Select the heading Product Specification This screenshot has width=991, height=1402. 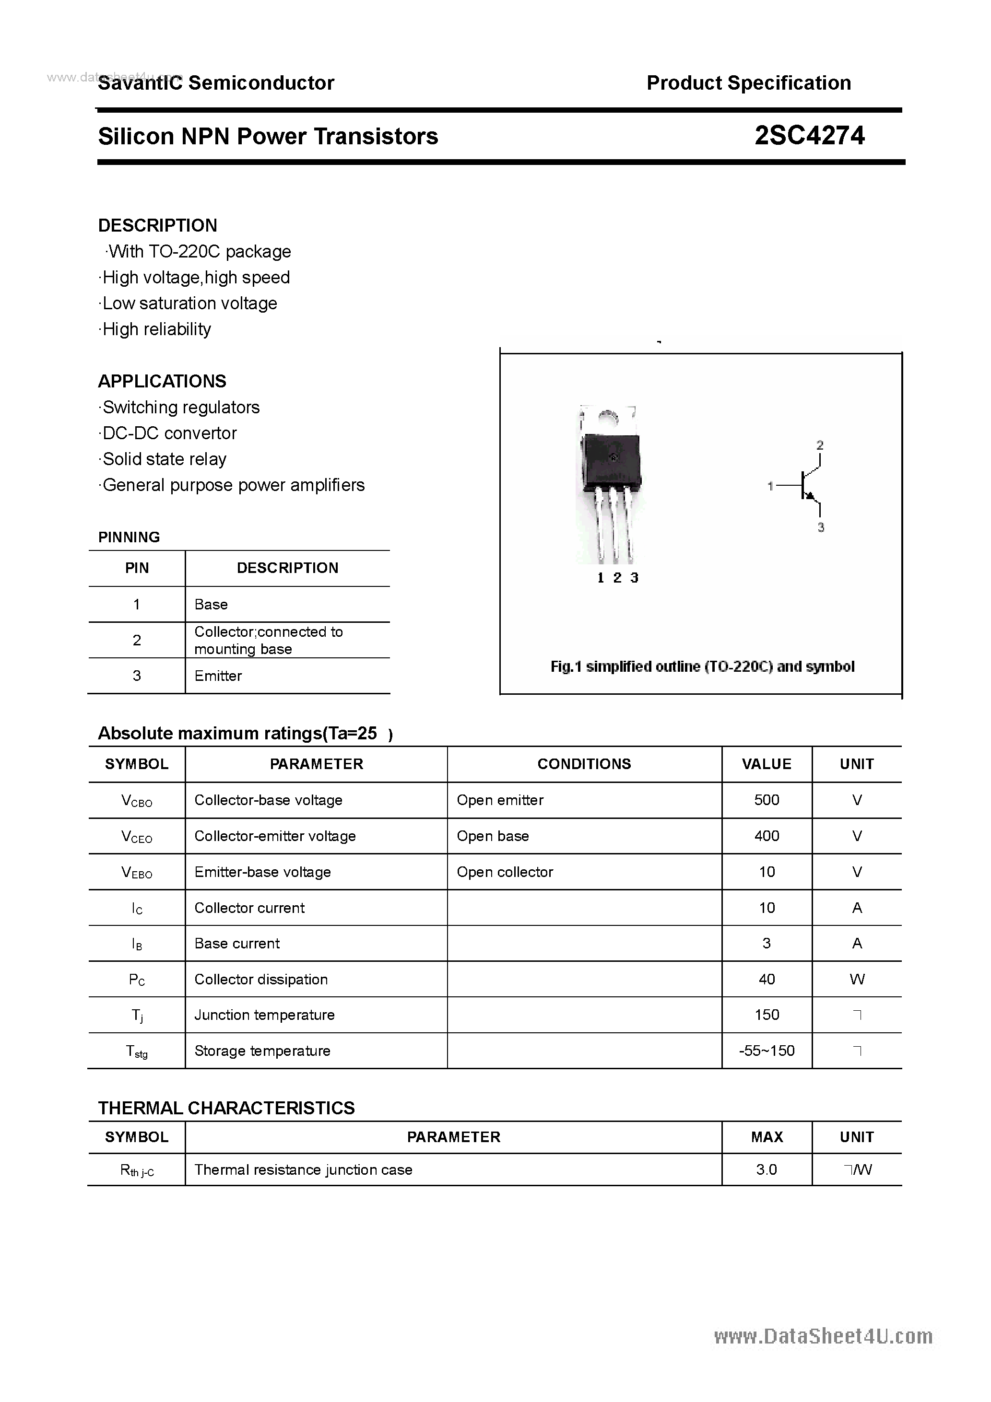[748, 82]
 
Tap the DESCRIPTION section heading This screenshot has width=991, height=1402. [158, 225]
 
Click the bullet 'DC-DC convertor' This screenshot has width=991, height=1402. [169, 433]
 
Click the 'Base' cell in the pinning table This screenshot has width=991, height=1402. [211, 604]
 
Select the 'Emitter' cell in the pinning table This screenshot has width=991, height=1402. [218, 676]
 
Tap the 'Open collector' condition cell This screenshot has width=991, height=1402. [505, 872]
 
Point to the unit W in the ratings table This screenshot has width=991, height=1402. [857, 980]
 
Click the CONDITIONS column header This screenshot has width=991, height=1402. [584, 764]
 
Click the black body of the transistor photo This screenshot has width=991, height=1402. [611, 461]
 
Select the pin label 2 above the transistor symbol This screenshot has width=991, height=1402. [820, 445]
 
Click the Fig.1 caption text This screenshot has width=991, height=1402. [702, 666]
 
